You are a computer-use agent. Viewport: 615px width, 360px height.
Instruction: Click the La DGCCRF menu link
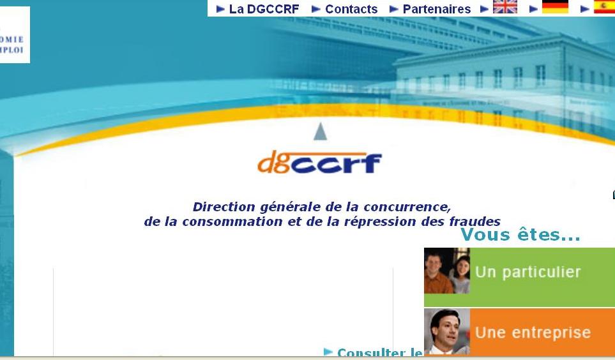[264, 9]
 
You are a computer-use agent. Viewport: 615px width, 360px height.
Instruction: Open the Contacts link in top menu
[351, 9]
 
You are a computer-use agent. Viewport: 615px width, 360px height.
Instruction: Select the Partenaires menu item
[436, 9]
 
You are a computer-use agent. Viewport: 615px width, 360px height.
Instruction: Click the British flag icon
[505, 7]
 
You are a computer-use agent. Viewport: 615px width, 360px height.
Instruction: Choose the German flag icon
[555, 7]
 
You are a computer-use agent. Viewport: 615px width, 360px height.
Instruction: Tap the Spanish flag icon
[604, 7]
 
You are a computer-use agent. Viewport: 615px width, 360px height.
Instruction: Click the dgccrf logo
[320, 163]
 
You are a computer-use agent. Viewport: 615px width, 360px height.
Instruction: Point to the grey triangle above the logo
[321, 131]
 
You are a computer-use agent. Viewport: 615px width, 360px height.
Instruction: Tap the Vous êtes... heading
[520, 235]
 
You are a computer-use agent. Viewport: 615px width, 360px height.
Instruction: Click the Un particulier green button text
[528, 272]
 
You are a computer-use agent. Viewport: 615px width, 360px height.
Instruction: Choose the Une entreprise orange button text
[533, 333]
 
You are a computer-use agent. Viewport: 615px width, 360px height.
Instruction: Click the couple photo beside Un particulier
[447, 271]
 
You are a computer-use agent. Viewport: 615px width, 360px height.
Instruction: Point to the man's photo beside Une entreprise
[447, 332]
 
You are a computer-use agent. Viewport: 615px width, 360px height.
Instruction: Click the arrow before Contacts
[316, 9]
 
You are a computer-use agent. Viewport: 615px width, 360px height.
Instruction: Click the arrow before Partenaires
[394, 9]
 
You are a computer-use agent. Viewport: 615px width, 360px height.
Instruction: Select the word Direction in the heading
[225, 207]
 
